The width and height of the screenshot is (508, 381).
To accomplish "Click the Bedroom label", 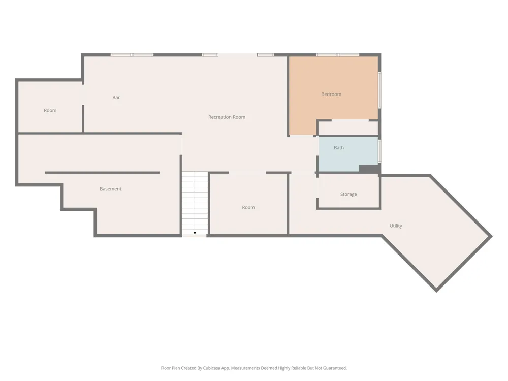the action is [x=331, y=94].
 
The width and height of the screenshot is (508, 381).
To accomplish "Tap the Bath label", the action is [x=339, y=148].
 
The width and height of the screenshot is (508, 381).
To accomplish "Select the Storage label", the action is [x=348, y=194].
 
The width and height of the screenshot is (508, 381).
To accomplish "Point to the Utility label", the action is [x=396, y=226].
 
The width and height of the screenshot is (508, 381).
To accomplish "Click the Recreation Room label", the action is [x=227, y=117].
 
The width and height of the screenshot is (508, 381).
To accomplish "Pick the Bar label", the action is [x=116, y=97].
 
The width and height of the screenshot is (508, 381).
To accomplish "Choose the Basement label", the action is [x=110, y=189].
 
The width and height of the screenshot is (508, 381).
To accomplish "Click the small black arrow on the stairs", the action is [x=195, y=233].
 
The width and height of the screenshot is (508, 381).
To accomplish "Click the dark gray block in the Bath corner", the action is [x=369, y=169].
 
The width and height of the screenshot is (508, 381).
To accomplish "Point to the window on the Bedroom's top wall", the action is [x=338, y=55].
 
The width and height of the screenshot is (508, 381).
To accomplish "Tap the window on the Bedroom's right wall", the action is [x=379, y=90].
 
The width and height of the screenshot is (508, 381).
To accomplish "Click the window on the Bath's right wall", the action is [x=379, y=151].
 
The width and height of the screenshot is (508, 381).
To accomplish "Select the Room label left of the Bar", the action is [x=50, y=110].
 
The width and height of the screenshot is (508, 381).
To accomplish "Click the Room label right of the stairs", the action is [x=248, y=207].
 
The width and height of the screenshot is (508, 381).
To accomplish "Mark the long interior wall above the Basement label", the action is [x=103, y=173].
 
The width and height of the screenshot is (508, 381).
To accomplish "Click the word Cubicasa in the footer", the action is [x=212, y=368].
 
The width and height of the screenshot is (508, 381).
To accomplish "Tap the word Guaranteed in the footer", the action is [x=336, y=368].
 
